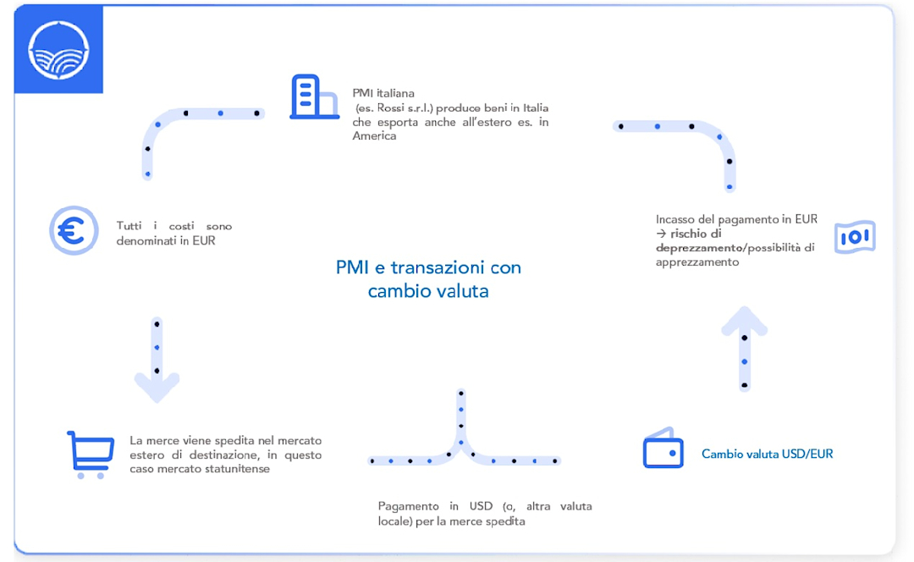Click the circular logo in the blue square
[58, 50]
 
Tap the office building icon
[314, 96]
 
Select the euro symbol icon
[74, 230]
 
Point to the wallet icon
[663, 448]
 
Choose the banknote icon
[855, 237]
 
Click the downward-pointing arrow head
[157, 388]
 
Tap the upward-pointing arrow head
[745, 321]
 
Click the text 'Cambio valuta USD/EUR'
[767, 455]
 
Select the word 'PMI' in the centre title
[353, 267]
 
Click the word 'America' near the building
[374, 135]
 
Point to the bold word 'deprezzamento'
[699, 248]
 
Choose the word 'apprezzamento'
[697, 262]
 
